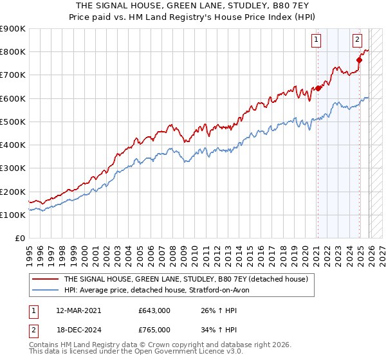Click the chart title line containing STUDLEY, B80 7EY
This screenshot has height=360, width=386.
click(192, 6)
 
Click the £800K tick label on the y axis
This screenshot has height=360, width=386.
click(13, 52)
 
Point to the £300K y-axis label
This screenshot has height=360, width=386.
click(13, 168)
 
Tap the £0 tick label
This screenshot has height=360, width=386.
click(21, 239)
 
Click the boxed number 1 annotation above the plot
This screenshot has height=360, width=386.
click(317, 40)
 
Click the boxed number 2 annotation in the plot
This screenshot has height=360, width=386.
click(357, 40)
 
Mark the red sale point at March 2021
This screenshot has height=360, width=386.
click(318, 89)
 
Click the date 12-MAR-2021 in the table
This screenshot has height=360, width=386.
click(78, 310)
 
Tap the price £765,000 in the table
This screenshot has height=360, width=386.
click(154, 329)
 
